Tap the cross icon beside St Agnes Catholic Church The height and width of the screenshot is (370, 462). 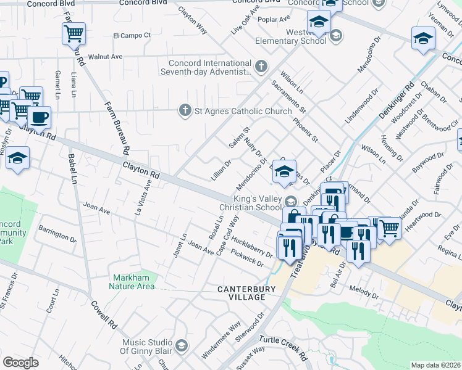184,111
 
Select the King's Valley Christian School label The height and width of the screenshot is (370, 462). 258,203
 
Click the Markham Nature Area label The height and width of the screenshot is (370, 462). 132,281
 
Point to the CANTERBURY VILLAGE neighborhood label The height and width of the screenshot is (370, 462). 241,292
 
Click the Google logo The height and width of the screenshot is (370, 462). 20,362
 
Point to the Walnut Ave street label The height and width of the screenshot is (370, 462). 105,57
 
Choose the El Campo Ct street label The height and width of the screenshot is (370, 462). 132,35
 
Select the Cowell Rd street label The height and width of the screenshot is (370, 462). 104,313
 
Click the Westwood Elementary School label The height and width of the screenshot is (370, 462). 291,36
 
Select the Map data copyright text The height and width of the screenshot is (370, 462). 436,365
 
